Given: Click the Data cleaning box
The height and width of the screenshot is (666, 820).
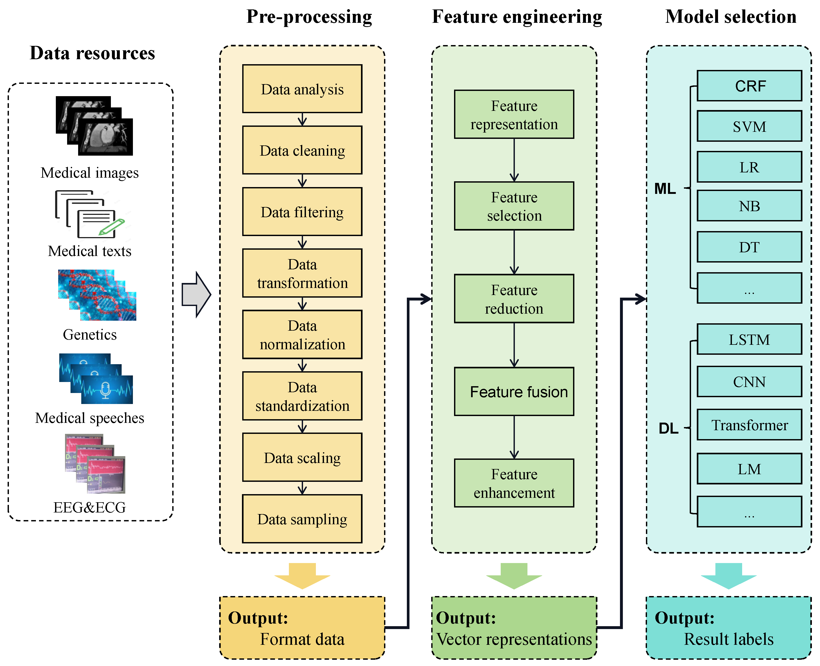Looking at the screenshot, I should click(x=302, y=150).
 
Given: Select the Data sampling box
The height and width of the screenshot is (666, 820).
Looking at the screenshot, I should click(x=302, y=519).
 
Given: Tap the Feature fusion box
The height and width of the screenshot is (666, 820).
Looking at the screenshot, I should click(x=514, y=392).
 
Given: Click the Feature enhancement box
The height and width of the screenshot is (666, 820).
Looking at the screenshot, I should click(x=514, y=483).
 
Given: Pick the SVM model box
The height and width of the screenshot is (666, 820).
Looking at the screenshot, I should click(x=749, y=126).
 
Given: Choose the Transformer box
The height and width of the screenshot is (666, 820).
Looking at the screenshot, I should click(x=749, y=425).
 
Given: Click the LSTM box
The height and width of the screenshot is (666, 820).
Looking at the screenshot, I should click(x=749, y=339).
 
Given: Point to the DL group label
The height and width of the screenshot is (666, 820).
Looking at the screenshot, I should click(x=668, y=428).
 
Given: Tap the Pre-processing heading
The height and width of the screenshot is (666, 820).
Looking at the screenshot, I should click(x=309, y=17).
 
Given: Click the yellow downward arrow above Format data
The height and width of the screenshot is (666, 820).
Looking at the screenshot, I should click(x=302, y=575).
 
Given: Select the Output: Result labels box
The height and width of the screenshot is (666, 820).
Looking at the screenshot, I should click(x=729, y=628).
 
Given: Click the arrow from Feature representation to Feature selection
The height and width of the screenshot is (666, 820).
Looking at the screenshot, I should click(x=514, y=160).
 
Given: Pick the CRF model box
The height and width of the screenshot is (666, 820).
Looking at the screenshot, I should click(x=749, y=86).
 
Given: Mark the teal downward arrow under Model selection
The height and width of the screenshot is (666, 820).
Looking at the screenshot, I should click(x=729, y=575).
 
